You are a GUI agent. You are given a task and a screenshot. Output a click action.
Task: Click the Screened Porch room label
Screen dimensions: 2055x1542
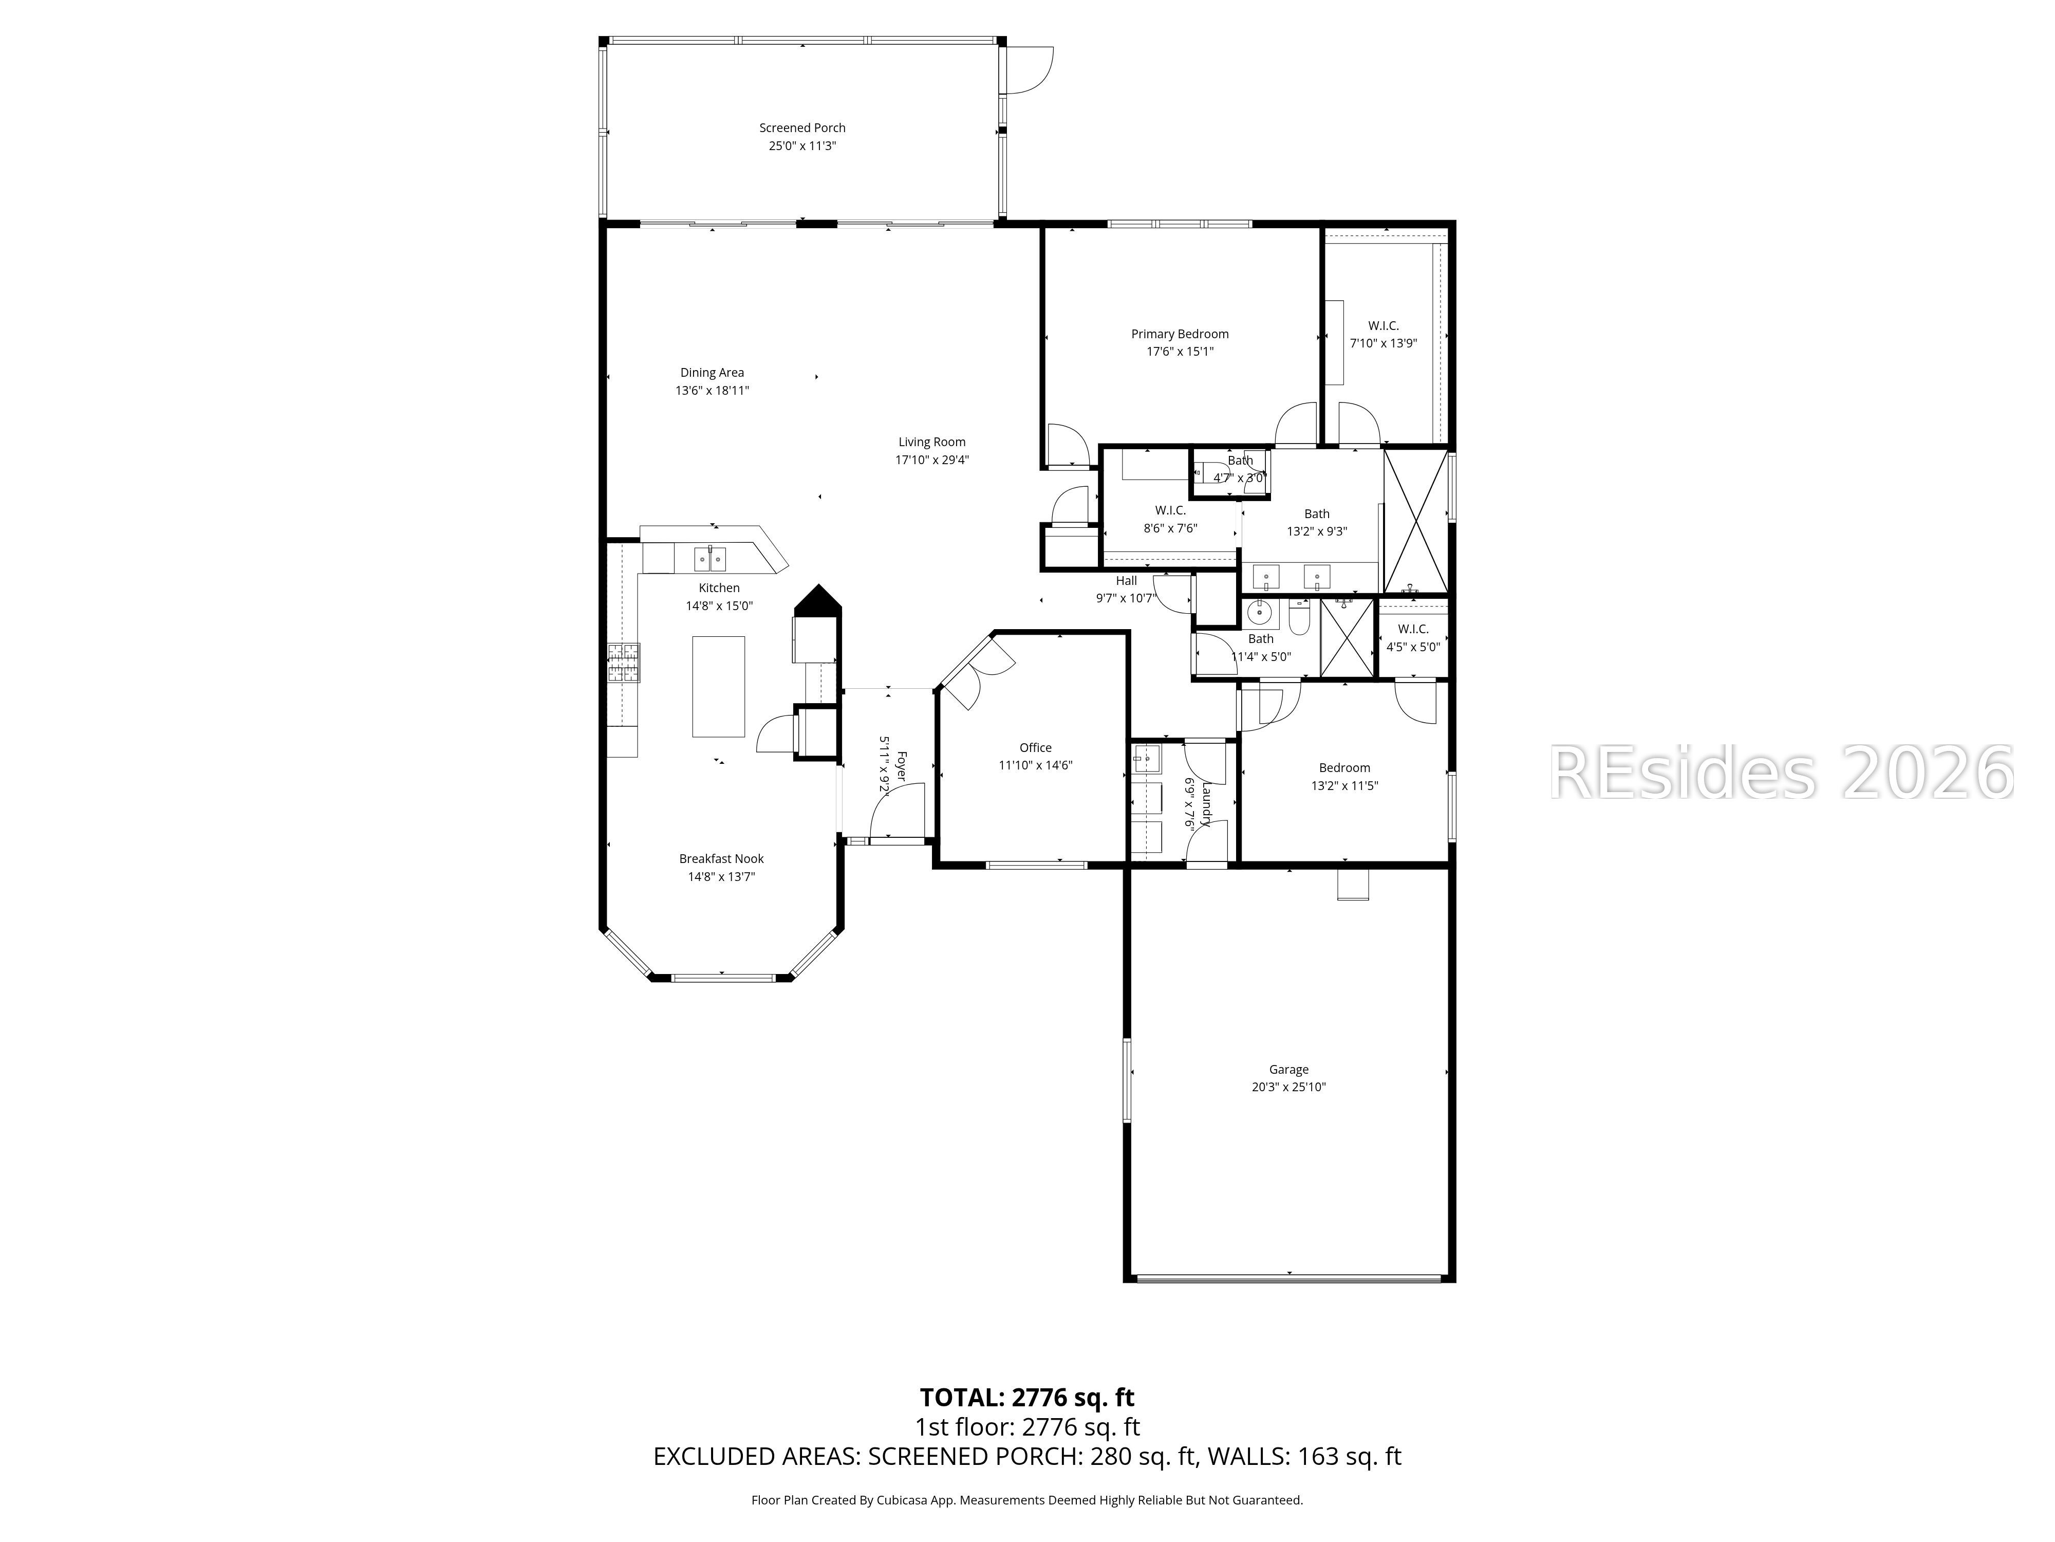(802, 128)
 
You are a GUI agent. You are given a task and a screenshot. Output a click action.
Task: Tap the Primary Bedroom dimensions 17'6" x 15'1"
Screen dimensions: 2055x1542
(1180, 352)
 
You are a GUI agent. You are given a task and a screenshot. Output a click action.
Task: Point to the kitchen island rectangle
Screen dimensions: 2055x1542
(718, 686)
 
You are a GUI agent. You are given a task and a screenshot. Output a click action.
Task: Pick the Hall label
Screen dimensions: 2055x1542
(1126, 581)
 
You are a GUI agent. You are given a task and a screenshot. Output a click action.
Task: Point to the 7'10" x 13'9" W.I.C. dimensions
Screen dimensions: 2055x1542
(1384, 343)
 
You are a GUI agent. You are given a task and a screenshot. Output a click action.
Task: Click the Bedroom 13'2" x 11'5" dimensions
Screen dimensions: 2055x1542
(1344, 785)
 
